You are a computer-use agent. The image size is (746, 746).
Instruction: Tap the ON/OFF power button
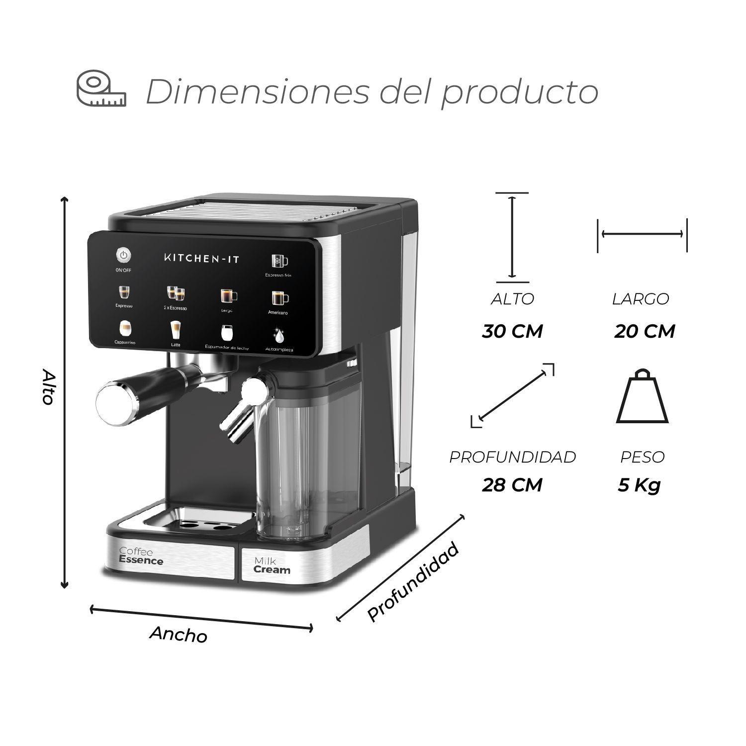pyautogui.click(x=124, y=256)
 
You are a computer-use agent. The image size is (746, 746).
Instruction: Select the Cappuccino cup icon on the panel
pyautogui.click(x=125, y=328)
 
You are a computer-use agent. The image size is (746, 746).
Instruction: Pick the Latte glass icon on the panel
pyautogui.click(x=175, y=329)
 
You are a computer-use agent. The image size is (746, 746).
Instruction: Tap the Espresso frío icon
pyautogui.click(x=279, y=261)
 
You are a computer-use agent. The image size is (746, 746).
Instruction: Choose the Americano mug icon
pyautogui.click(x=279, y=298)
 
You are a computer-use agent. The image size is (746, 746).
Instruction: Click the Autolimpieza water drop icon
pyautogui.click(x=280, y=336)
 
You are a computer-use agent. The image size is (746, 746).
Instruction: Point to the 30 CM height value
pyautogui.click(x=512, y=331)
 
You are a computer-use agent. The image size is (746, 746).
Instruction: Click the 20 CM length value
pyautogui.click(x=645, y=331)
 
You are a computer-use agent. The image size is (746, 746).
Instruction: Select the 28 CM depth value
pyautogui.click(x=512, y=484)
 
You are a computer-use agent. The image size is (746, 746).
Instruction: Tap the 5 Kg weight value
pyautogui.click(x=640, y=484)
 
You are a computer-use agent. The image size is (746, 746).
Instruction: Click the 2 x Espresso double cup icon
pyautogui.click(x=175, y=293)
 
